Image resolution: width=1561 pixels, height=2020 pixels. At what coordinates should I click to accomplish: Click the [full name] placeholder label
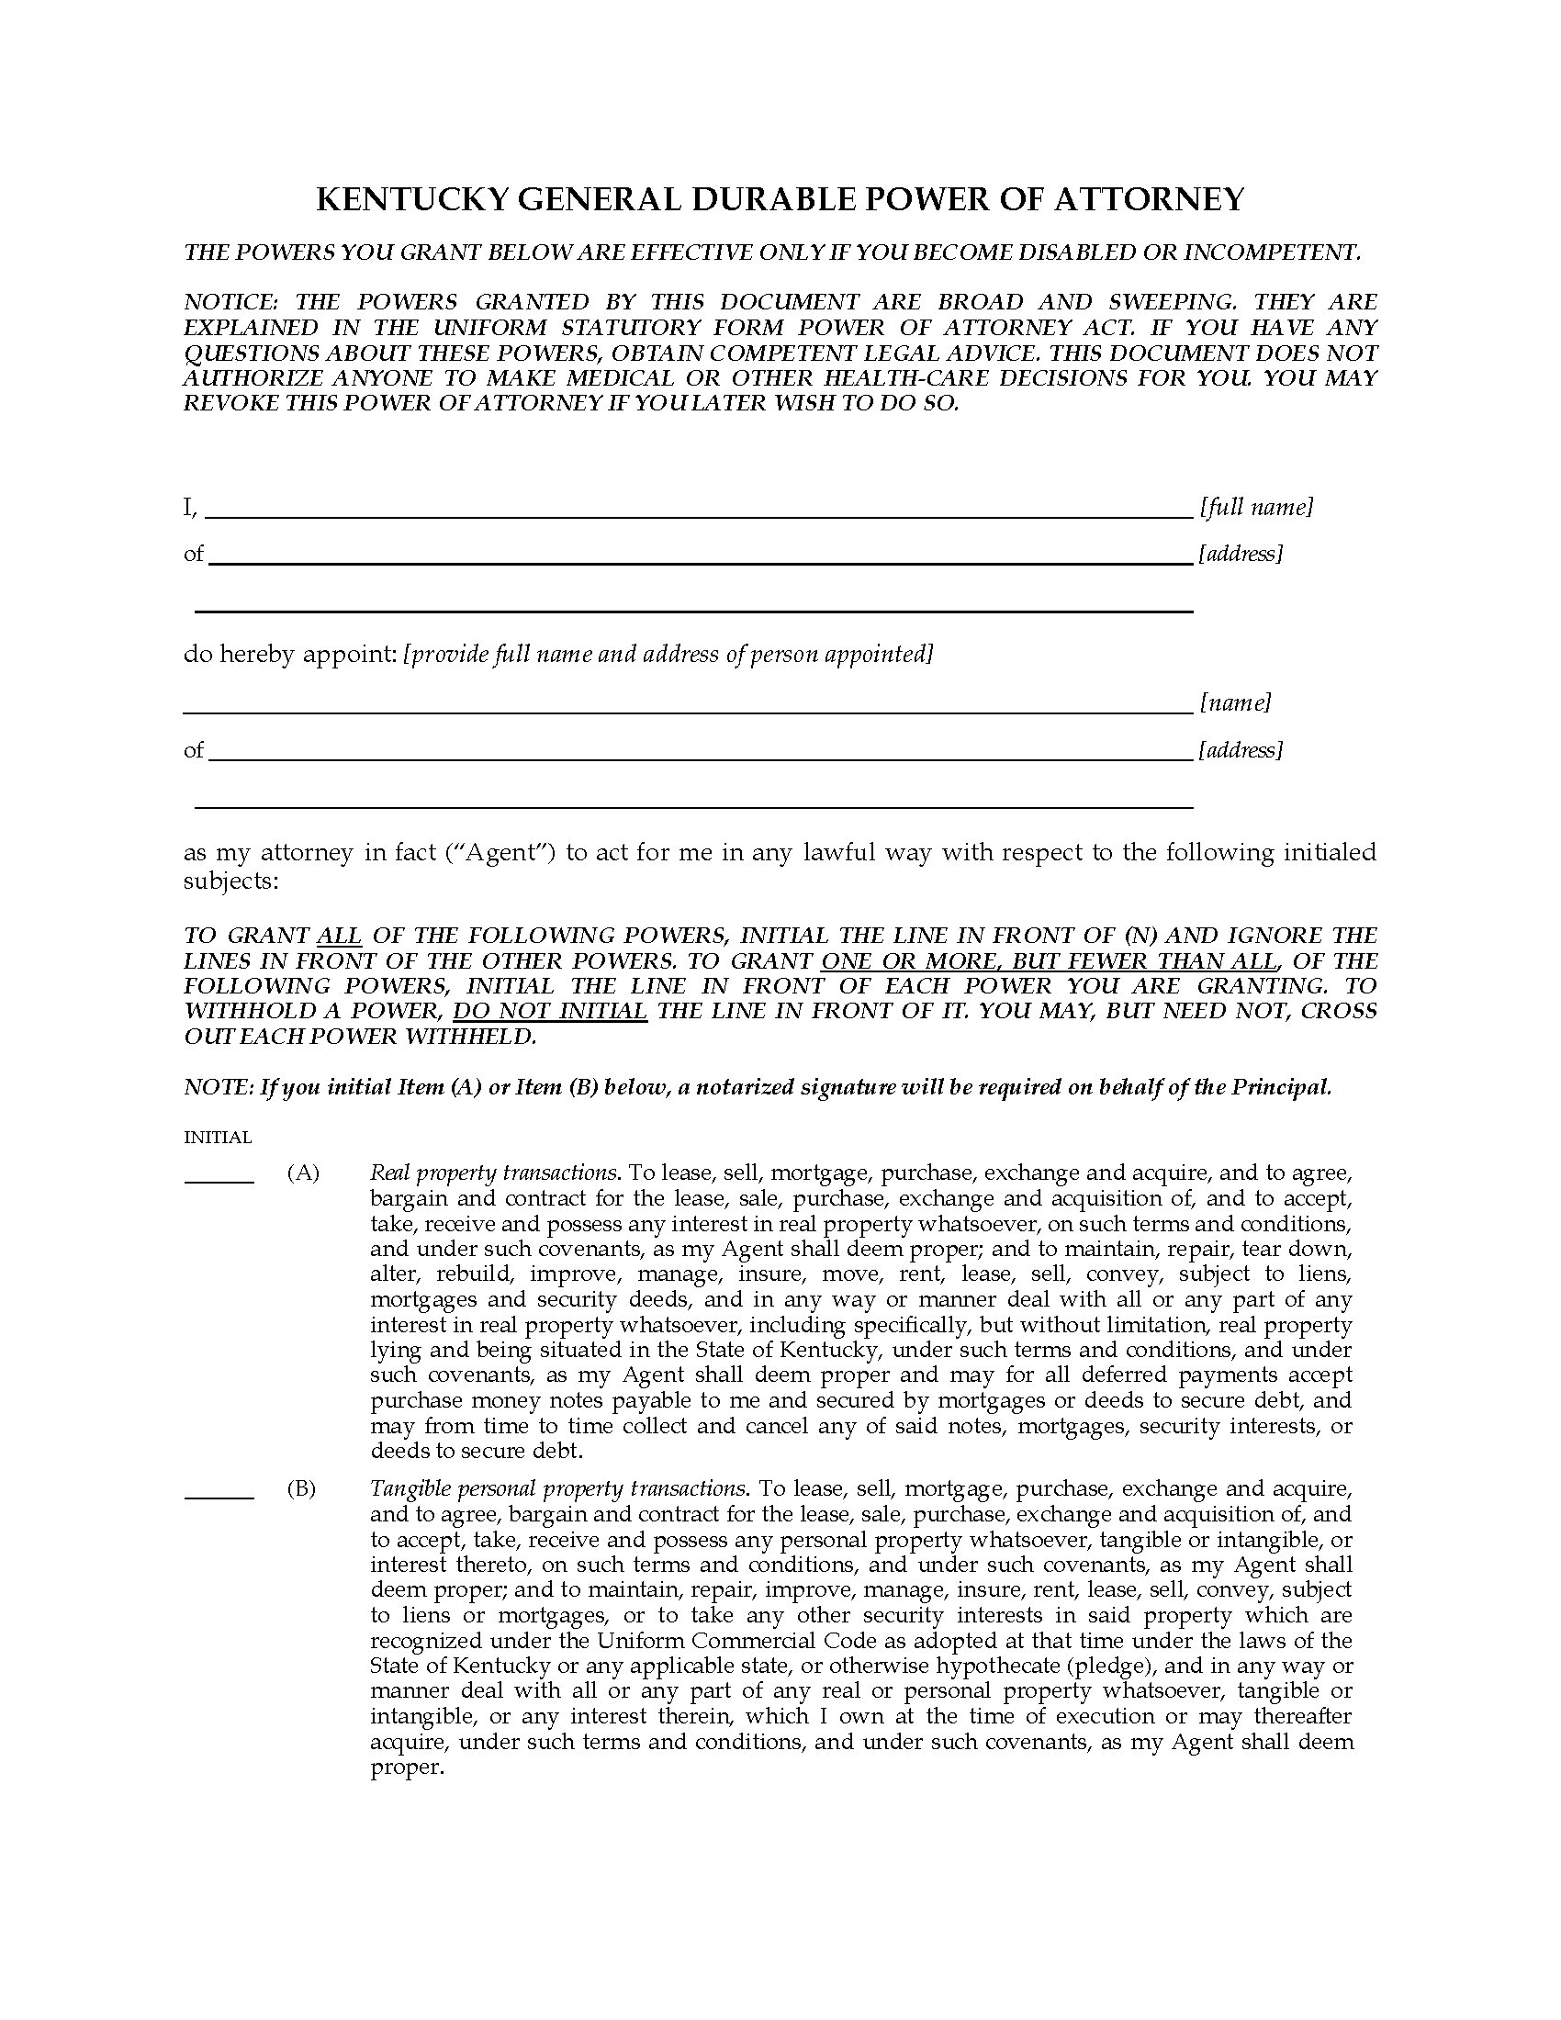(1256, 507)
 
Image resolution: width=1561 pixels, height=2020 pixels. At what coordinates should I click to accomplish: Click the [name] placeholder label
(1234, 703)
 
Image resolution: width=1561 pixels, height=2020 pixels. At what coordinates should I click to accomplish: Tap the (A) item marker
(303, 1173)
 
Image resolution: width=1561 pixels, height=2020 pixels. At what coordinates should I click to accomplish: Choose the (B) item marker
(302, 1489)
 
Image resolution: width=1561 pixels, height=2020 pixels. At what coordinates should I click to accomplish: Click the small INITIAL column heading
(218, 1138)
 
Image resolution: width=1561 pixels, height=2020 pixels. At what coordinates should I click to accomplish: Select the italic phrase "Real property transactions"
(493, 1173)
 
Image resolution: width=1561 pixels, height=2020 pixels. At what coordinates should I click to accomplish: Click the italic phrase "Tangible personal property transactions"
(557, 1489)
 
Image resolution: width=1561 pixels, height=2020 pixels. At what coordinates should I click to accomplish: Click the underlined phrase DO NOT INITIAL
(549, 1011)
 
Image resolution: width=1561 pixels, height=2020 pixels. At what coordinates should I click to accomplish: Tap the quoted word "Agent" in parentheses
(500, 852)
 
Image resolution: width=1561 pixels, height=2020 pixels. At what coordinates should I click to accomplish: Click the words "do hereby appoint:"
(290, 655)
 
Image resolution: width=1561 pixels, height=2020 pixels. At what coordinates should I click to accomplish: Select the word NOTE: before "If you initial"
(219, 1087)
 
